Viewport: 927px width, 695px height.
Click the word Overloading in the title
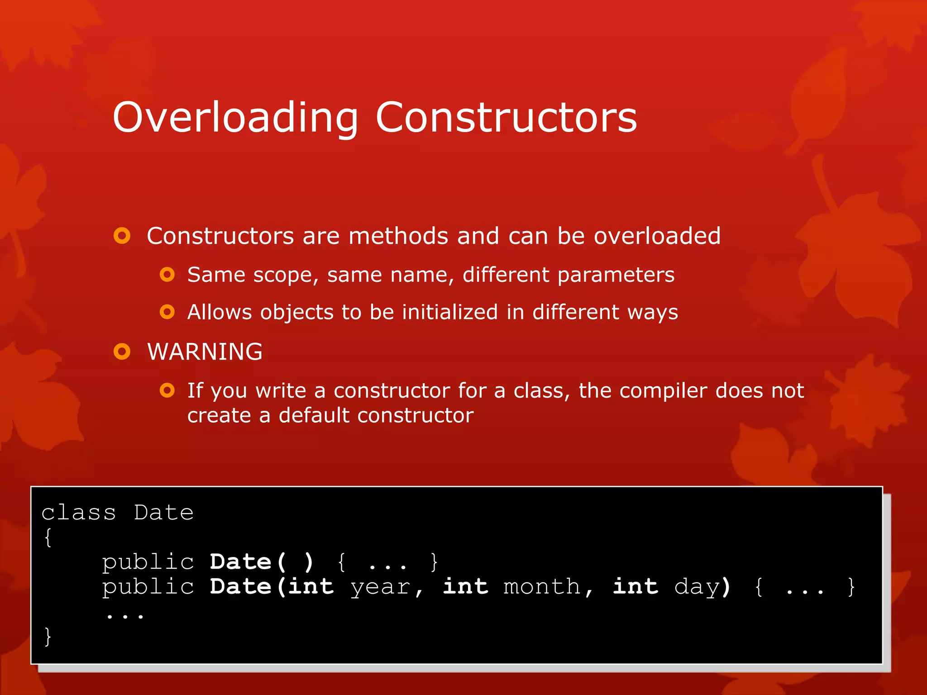pyautogui.click(x=235, y=118)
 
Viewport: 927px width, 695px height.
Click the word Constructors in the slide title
pyautogui.click(x=506, y=118)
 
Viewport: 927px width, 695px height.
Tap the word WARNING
pyautogui.click(x=205, y=352)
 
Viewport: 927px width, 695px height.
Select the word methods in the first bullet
pyautogui.click(x=398, y=236)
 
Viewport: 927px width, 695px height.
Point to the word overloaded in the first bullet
pyautogui.click(x=657, y=236)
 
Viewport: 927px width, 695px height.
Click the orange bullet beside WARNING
pyautogui.click(x=122, y=352)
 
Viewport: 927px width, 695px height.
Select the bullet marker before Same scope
pyautogui.click(x=167, y=275)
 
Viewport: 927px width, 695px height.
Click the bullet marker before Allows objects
pyautogui.click(x=167, y=312)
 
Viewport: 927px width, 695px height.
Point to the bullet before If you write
pyautogui.click(x=167, y=390)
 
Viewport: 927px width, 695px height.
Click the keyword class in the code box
pyautogui.click(x=79, y=513)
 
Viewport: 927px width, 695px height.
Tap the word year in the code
pyautogui.click(x=380, y=587)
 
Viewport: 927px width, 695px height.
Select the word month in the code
pyautogui.click(x=541, y=587)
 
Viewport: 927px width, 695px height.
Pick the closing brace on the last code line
pyautogui.click(x=48, y=636)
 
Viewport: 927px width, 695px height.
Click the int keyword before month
pyautogui.click(x=466, y=586)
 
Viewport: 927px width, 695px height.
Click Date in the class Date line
pyautogui.click(x=164, y=513)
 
